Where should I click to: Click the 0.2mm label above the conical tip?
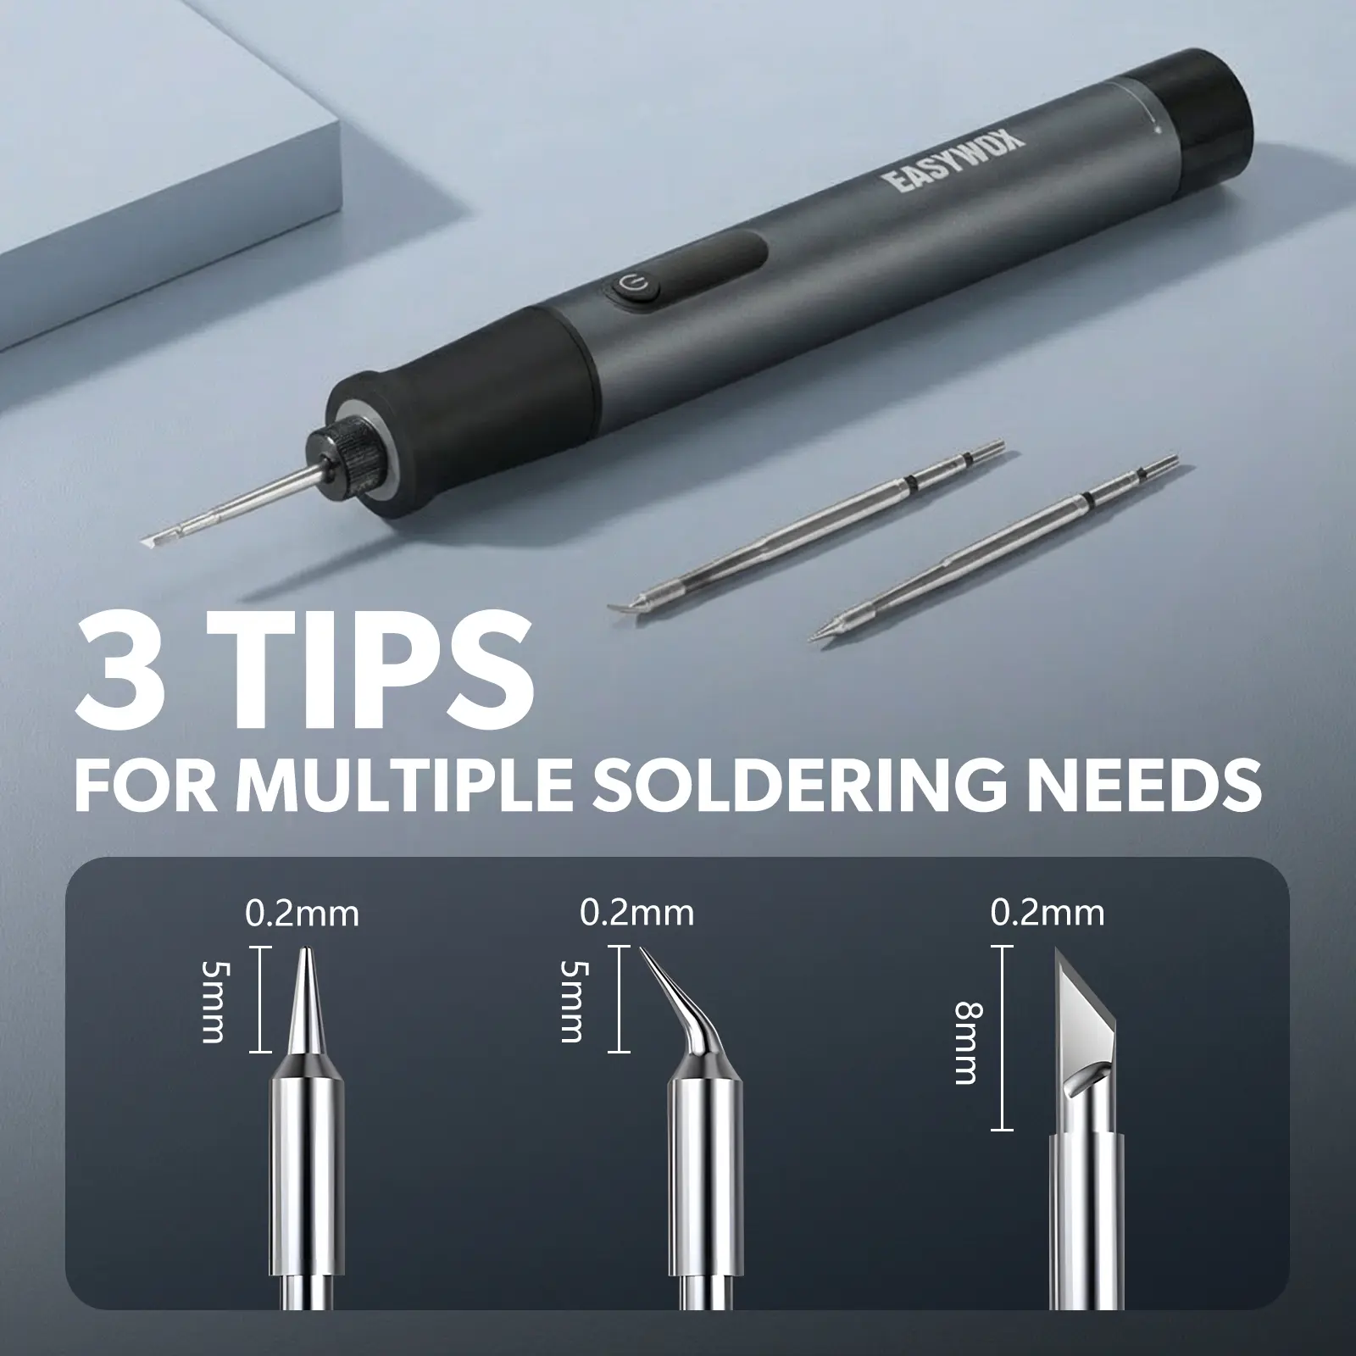pos(303,914)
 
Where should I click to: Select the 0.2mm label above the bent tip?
pos(637,913)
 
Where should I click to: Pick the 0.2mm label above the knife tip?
pos(1048,913)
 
